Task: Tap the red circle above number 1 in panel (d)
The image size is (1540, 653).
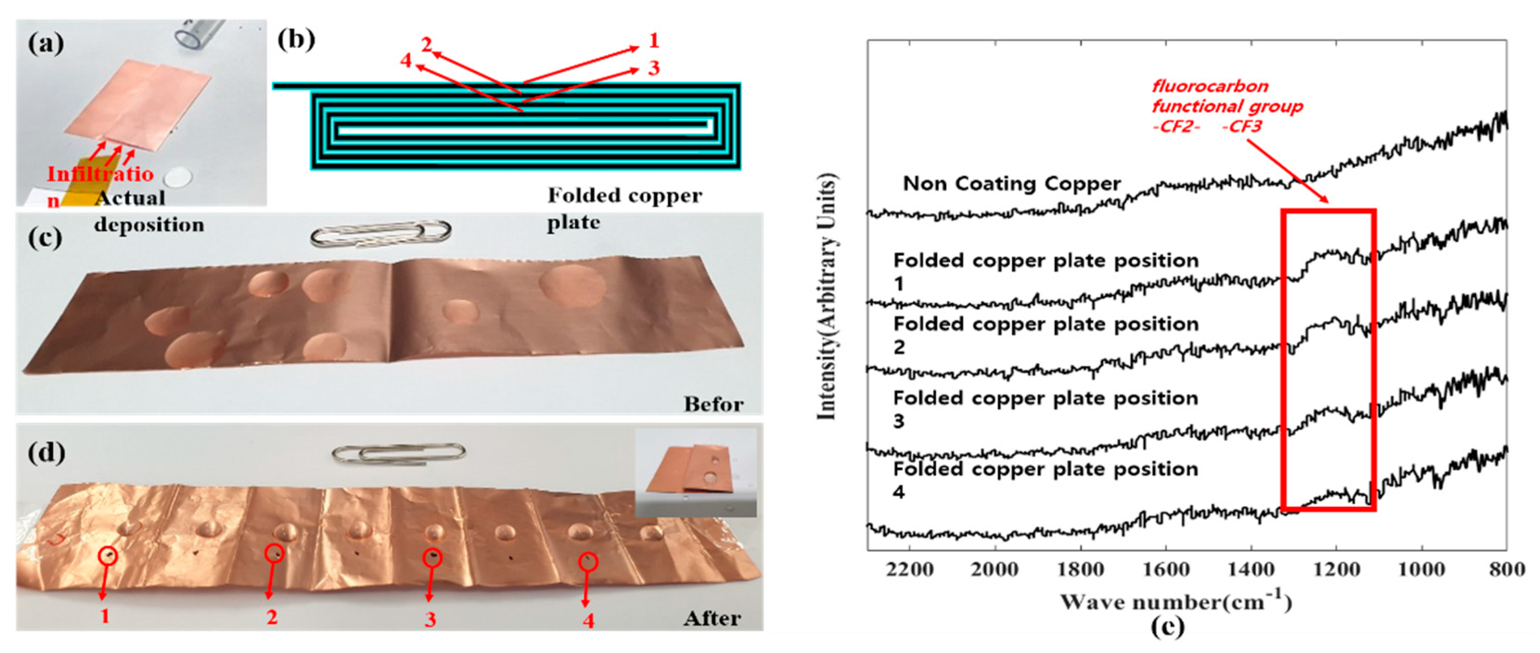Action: [x=108, y=556]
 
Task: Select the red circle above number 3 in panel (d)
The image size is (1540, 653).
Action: [x=432, y=558]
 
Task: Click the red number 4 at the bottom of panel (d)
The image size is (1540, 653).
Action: [x=588, y=621]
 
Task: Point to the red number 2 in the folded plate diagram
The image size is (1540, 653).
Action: [x=426, y=45]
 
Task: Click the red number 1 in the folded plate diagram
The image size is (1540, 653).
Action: [x=654, y=41]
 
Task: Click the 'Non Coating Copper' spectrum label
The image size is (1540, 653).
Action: [x=1012, y=184]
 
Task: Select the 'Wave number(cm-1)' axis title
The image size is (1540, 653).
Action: [x=1176, y=601]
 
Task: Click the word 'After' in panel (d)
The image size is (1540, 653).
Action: [x=712, y=618]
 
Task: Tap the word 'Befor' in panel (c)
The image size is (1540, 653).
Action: [x=713, y=405]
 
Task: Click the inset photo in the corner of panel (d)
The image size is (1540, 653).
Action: [x=695, y=473]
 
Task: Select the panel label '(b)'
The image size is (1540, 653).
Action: [x=296, y=39]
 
